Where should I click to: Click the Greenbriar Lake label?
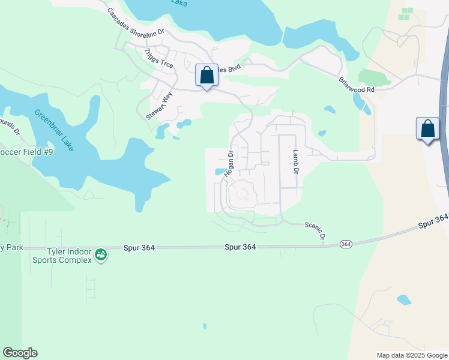click(54, 130)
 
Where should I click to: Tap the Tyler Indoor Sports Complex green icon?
click(101, 255)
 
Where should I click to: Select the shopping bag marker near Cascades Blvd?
click(206, 76)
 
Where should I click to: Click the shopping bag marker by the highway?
click(427, 130)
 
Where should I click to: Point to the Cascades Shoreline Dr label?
click(136, 25)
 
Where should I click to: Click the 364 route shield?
click(345, 244)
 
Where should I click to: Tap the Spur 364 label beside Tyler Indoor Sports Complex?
click(140, 247)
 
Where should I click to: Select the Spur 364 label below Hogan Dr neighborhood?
click(241, 247)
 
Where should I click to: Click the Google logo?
click(20, 353)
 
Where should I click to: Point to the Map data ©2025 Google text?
click(412, 355)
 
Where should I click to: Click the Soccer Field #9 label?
click(26, 152)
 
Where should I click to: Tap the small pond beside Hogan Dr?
click(219, 172)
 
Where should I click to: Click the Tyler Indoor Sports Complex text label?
click(70, 256)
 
